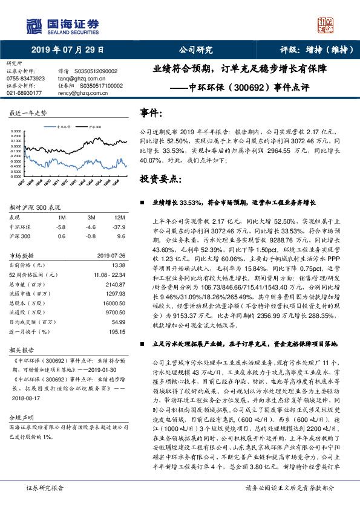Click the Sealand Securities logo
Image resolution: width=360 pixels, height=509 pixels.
[x=61, y=25]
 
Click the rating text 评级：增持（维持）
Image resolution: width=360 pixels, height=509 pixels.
[x=312, y=50]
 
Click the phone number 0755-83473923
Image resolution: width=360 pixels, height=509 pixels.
[x=25, y=79]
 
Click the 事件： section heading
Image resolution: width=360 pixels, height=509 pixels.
[x=151, y=112]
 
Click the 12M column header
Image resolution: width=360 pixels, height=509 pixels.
[x=119, y=217]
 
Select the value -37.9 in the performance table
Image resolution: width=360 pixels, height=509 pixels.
[x=119, y=227]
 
